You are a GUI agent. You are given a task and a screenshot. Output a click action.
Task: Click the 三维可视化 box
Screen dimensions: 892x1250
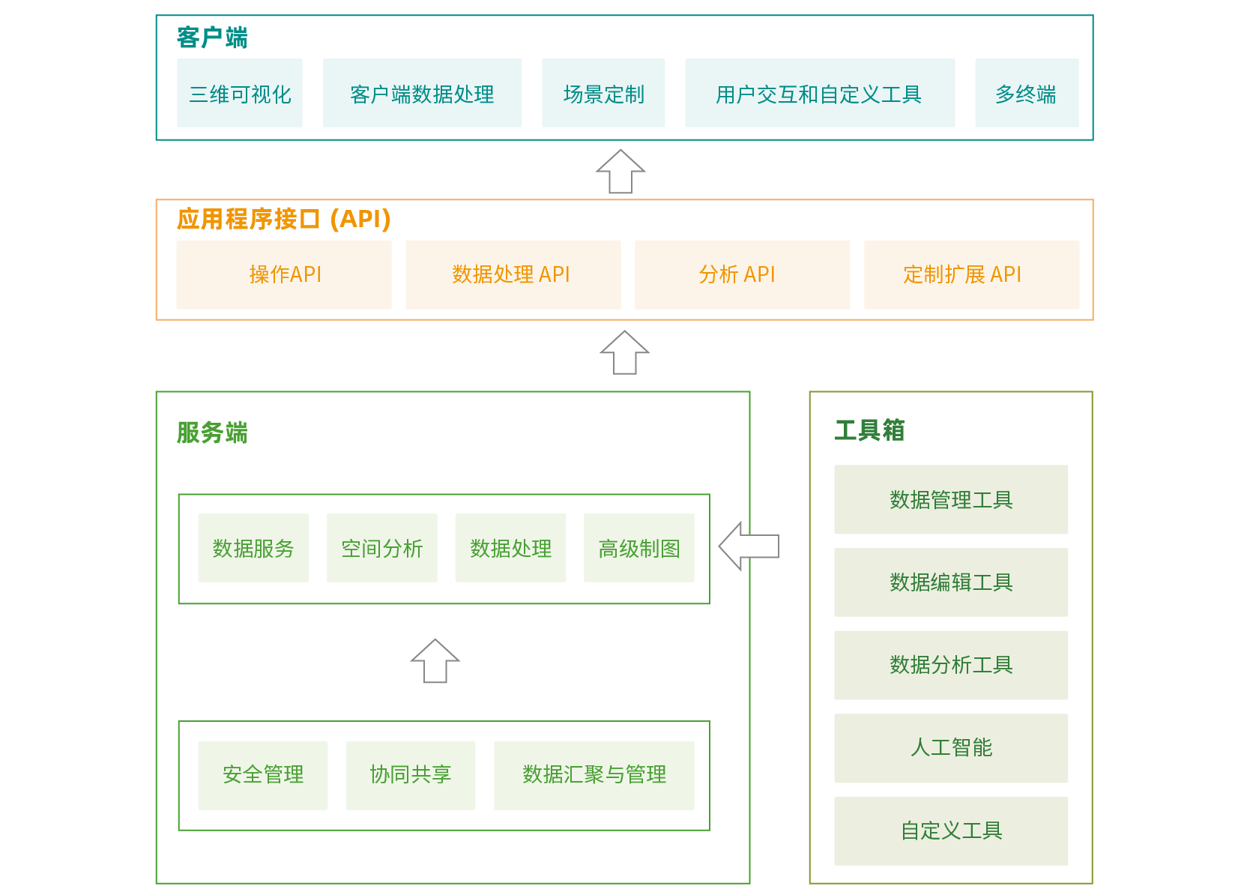tap(240, 93)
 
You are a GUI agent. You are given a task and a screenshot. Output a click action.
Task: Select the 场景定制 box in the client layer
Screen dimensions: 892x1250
tap(603, 93)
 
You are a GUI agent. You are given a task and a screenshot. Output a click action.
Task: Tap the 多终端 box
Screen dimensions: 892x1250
tap(1027, 93)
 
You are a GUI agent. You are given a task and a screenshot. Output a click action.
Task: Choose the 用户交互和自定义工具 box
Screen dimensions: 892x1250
tap(820, 93)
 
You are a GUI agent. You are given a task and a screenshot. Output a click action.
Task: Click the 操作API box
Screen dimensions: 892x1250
tap(284, 274)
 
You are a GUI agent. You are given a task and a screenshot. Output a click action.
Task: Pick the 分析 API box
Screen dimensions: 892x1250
tap(742, 274)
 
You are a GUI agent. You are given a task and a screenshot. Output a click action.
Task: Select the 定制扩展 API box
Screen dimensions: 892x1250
tap(971, 274)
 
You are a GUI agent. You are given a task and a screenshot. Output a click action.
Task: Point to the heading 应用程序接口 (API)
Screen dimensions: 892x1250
tap(283, 219)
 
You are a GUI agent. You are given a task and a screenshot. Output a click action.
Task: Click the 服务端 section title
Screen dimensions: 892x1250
tap(212, 433)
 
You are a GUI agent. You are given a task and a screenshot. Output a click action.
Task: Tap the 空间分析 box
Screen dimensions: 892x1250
tap(382, 548)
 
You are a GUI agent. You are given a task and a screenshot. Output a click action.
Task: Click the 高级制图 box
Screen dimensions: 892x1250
tap(639, 548)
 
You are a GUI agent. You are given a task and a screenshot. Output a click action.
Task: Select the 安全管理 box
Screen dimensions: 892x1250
tap(263, 775)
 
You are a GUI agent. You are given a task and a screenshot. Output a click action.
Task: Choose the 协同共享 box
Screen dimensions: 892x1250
tap(411, 775)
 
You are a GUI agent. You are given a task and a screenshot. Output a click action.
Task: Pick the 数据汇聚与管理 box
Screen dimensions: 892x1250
tap(594, 775)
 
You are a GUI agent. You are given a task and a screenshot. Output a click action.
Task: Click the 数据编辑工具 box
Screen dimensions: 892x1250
tap(951, 582)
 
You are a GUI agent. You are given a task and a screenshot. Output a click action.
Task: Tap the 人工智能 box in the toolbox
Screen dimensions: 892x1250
tap(951, 748)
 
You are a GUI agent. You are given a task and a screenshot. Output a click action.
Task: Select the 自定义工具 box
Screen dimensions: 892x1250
tap(951, 831)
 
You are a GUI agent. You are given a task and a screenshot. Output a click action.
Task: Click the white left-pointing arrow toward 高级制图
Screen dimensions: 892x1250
tap(749, 546)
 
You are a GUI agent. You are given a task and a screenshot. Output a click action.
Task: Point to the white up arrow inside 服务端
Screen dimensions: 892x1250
tap(435, 661)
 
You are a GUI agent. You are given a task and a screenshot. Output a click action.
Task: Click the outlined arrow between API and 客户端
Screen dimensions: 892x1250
tap(621, 172)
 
